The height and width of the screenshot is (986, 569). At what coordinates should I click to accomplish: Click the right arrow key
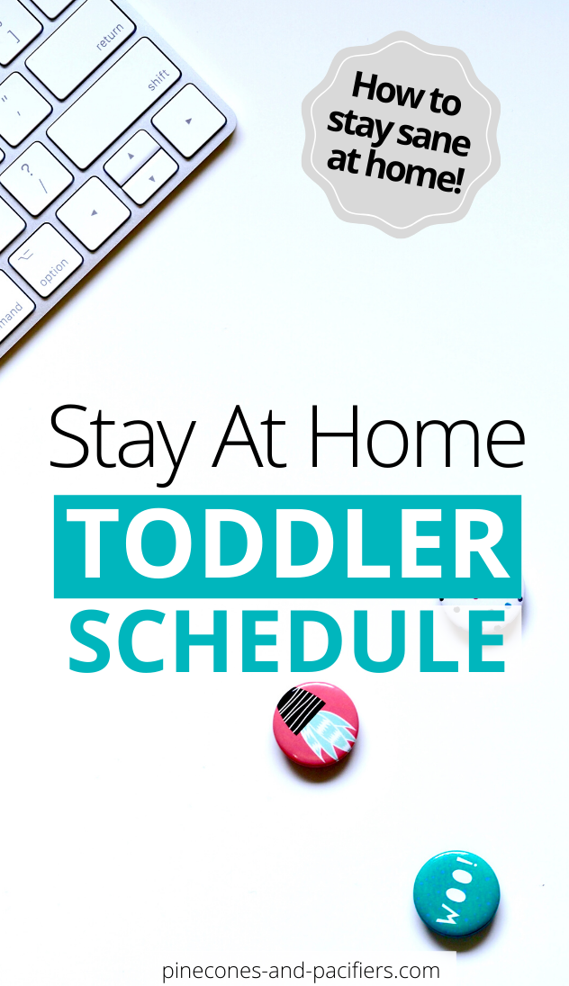pos(189,120)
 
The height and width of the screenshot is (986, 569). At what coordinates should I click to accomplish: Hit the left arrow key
pos(94,213)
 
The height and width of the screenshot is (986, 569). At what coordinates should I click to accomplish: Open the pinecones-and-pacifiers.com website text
pos(302,970)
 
